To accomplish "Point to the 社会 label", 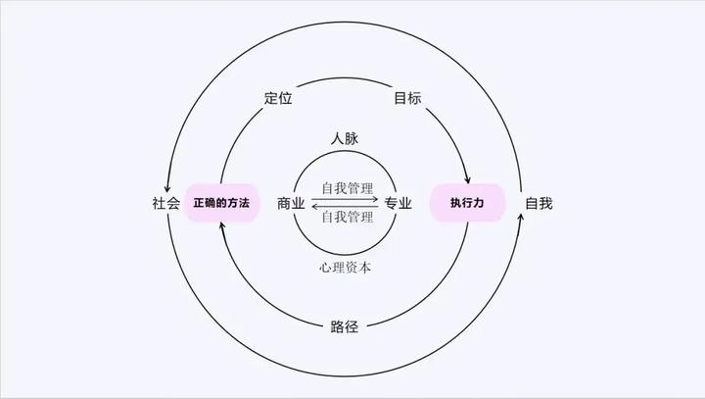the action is point(166,203).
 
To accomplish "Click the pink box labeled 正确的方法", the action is point(221,203).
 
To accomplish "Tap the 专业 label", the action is point(398,203).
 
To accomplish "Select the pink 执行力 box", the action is point(467,203).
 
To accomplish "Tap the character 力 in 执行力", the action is point(481,203).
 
